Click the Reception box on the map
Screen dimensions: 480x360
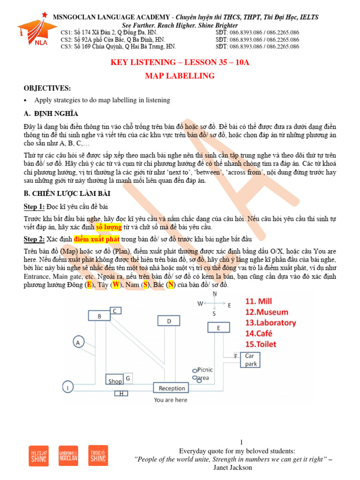[x=172, y=388]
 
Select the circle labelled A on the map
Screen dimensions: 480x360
[x=77, y=343]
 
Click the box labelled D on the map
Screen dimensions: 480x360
[x=169, y=321]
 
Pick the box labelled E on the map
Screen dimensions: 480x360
[x=218, y=328]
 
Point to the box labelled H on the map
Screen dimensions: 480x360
[x=121, y=393]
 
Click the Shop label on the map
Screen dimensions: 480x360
[x=115, y=381]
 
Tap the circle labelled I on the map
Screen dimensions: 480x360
[x=68, y=388]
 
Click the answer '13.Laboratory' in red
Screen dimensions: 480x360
[x=270, y=322]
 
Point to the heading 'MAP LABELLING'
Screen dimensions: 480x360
[x=180, y=75]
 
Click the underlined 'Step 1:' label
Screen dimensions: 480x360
[x=35, y=206]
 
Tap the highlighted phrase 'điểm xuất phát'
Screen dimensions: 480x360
[x=96, y=239]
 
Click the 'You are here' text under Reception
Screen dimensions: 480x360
[x=170, y=400]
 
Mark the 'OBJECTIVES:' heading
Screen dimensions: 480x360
[x=47, y=88]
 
